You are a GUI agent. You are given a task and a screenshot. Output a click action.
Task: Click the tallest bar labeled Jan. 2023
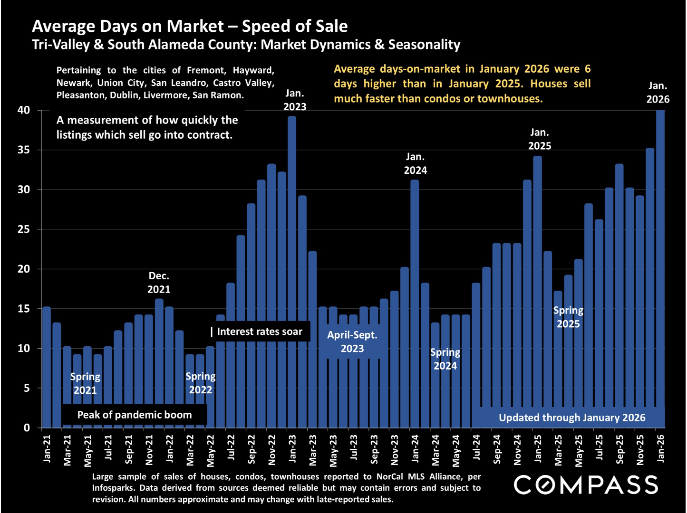click(292, 271)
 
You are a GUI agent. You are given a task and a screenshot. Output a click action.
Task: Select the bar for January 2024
click(415, 304)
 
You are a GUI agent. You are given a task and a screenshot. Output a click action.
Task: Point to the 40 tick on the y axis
click(24, 110)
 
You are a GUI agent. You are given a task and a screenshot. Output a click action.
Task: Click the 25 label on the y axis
click(24, 229)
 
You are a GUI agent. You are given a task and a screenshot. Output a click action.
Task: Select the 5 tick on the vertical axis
click(27, 388)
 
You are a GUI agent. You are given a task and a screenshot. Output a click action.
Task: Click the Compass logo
click(586, 485)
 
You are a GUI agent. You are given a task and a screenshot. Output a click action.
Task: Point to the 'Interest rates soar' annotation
click(260, 332)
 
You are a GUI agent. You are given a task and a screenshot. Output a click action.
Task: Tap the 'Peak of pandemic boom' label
click(135, 415)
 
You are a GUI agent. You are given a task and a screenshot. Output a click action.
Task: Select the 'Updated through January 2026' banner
click(572, 418)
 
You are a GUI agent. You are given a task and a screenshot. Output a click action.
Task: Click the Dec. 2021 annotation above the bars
click(159, 283)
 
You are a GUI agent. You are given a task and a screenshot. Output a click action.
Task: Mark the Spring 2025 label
click(568, 317)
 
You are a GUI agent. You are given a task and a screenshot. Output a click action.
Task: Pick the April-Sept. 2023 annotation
click(352, 342)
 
